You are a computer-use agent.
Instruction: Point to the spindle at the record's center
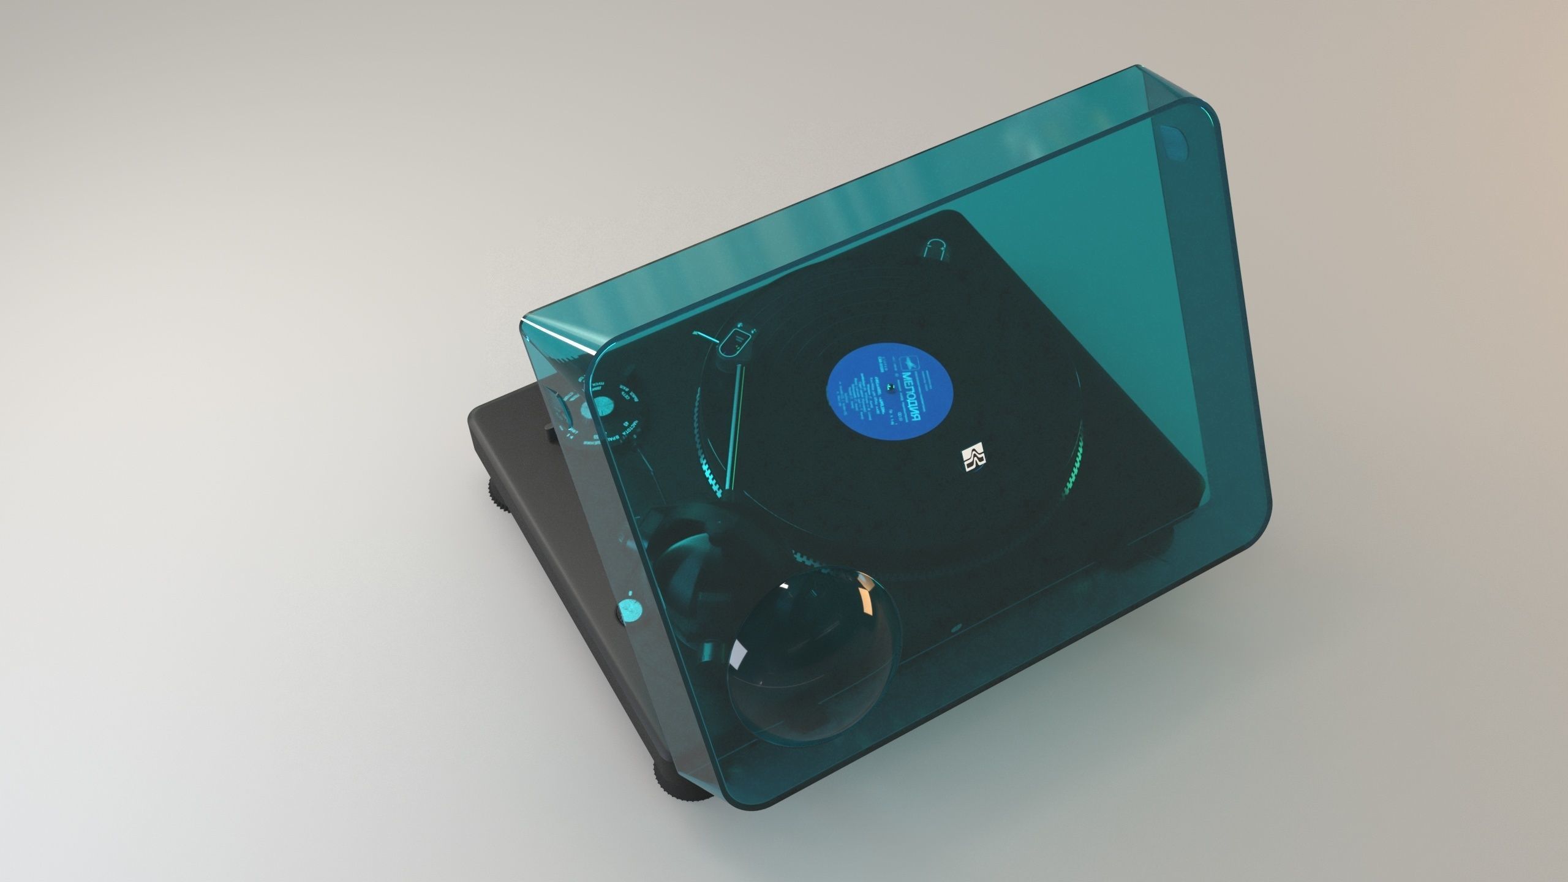(895, 388)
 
